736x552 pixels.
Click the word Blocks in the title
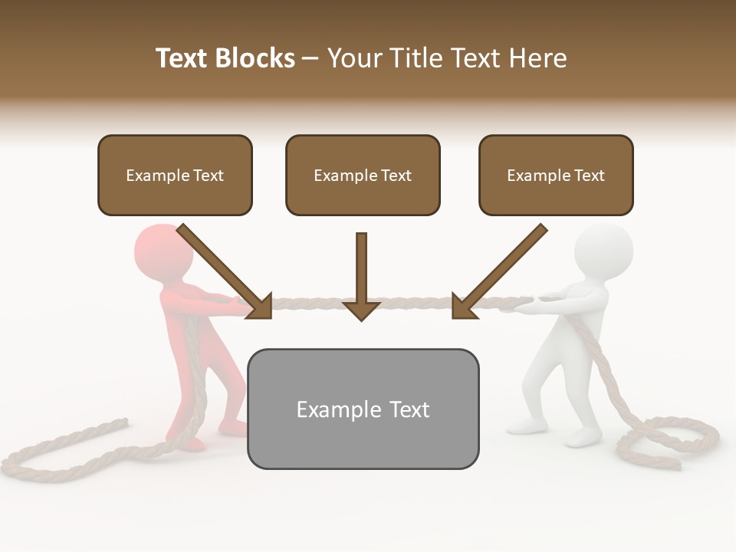[x=256, y=58]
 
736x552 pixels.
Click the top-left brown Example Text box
[x=175, y=175]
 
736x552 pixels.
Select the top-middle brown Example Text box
[x=363, y=175]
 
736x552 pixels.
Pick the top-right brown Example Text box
[x=556, y=175]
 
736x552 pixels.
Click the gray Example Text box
[x=363, y=409]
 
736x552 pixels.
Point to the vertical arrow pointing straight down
[x=361, y=276]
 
